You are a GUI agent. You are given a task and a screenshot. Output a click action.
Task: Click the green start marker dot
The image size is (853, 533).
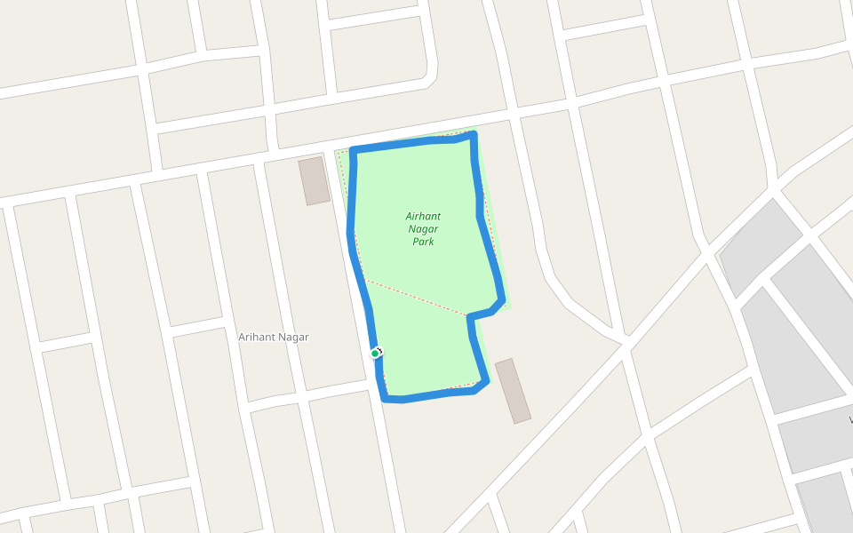coord(375,354)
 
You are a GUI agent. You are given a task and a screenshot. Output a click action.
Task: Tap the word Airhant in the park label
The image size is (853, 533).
coord(423,216)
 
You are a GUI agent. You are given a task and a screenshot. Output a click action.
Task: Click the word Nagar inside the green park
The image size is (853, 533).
coord(424,228)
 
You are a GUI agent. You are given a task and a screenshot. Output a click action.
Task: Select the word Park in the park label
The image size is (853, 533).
coord(423,242)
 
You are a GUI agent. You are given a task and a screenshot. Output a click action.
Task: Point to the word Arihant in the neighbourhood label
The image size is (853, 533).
coord(257,338)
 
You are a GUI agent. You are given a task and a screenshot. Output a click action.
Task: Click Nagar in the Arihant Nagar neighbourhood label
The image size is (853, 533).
coord(294,338)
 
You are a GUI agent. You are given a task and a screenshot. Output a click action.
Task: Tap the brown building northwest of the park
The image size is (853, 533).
coord(314,180)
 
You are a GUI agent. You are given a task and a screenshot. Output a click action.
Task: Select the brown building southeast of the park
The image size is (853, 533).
coord(513,391)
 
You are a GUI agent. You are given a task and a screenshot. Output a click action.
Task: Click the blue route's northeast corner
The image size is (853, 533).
coord(474,135)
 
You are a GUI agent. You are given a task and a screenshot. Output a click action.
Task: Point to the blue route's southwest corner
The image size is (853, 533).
coord(385,398)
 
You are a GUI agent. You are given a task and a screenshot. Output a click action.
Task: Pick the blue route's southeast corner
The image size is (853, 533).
coord(485,383)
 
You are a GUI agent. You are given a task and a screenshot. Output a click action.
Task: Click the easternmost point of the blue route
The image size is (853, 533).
coord(503,300)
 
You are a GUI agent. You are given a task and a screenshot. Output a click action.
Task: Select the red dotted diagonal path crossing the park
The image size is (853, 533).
coord(413,298)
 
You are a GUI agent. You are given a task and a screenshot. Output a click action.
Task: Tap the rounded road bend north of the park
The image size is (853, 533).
coord(433,76)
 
